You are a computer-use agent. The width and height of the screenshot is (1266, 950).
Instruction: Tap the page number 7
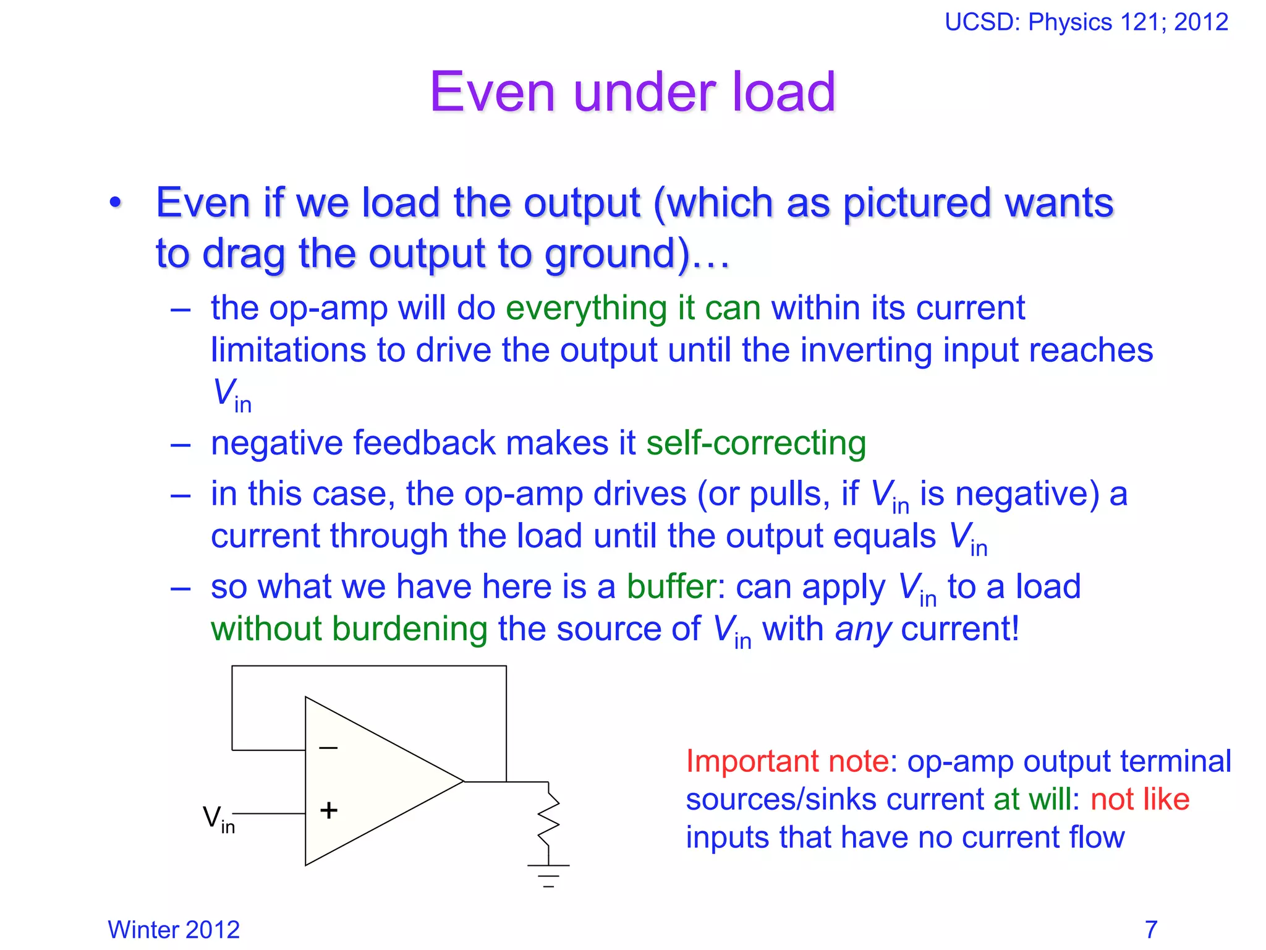[x=1150, y=930]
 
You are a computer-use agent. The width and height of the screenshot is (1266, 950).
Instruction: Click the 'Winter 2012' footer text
[x=174, y=930]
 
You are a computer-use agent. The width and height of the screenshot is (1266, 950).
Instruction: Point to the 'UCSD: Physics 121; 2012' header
[x=1086, y=22]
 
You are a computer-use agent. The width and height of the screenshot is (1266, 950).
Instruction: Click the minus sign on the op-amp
[x=328, y=748]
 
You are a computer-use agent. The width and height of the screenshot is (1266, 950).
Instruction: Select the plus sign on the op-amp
[x=329, y=810]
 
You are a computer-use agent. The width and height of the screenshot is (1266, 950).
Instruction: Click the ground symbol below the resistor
[x=548, y=875]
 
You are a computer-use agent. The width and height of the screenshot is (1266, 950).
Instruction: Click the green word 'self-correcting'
[x=756, y=443]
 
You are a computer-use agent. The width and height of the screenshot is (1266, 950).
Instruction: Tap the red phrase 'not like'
[x=1140, y=799]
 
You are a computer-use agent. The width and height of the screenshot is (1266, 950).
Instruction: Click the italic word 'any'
[x=863, y=630]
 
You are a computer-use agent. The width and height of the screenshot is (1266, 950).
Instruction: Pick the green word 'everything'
[x=586, y=308]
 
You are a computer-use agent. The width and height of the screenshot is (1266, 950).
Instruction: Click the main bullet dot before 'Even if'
[x=115, y=203]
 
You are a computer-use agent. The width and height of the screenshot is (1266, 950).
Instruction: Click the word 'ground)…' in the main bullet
[x=637, y=254]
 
